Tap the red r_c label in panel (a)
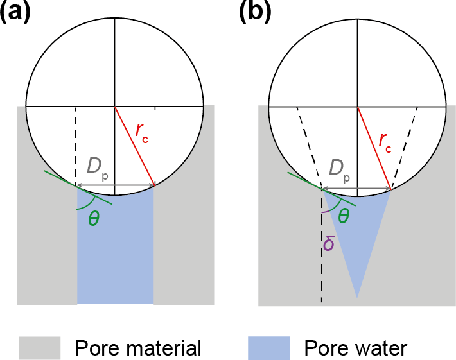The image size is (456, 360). click(x=142, y=131)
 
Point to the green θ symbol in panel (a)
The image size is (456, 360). click(x=94, y=219)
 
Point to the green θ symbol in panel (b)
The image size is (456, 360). click(x=344, y=216)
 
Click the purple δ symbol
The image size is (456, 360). click(x=328, y=243)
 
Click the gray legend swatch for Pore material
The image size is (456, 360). click(x=39, y=348)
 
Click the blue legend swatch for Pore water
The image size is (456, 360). click(x=268, y=348)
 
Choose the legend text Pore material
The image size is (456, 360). click(x=138, y=348)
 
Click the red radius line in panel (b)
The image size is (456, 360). click(x=374, y=148)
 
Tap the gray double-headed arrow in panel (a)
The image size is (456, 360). click(x=116, y=187)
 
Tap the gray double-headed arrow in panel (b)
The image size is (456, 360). click(x=357, y=190)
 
